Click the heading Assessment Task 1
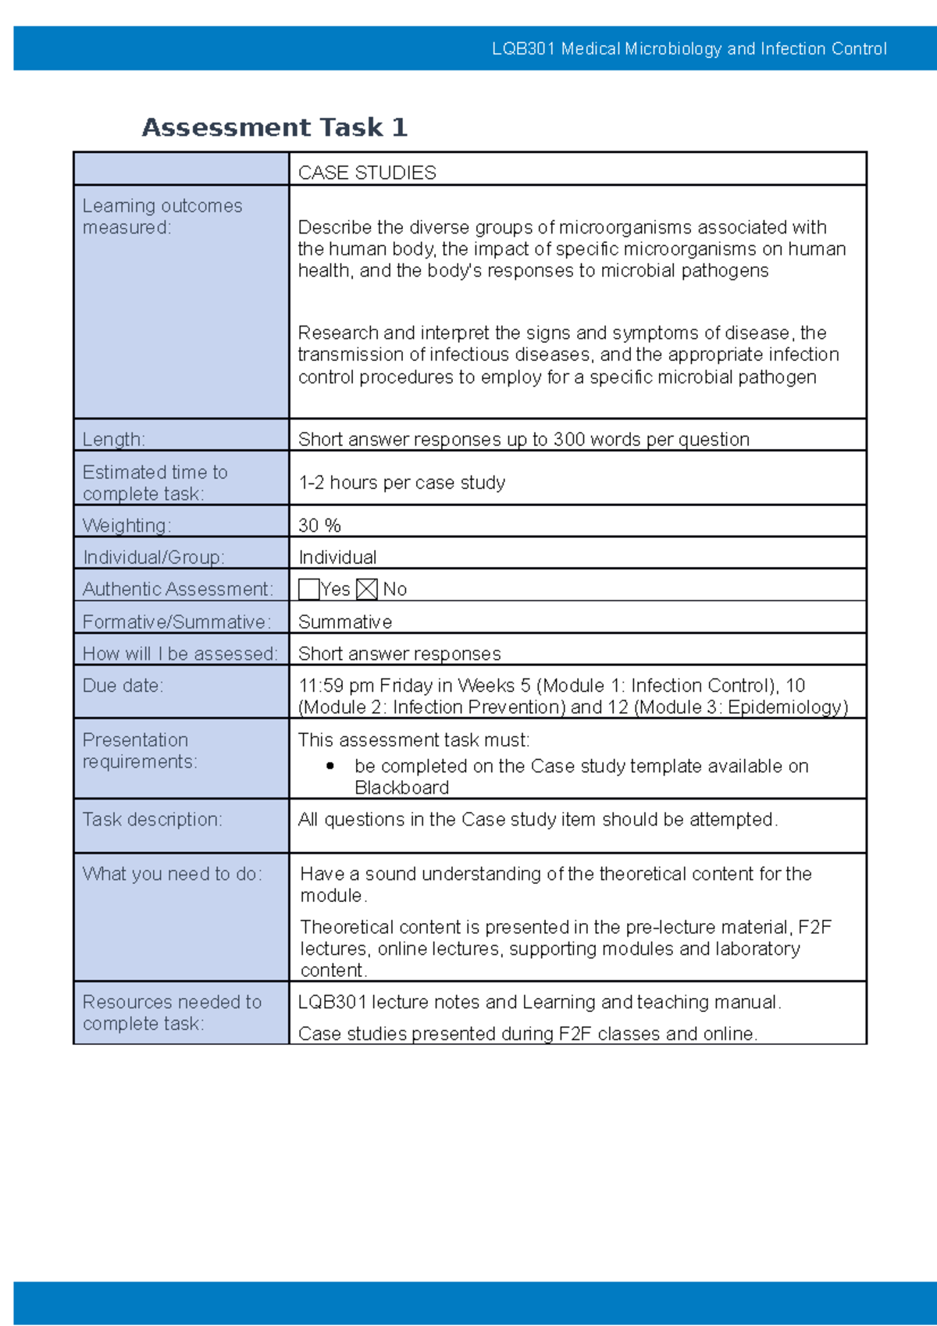274,127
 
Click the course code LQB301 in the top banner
523,49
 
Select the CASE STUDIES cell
367,173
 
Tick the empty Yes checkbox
308,589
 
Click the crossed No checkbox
366,589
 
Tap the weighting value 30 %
319,526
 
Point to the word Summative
345,622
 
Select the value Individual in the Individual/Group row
337,558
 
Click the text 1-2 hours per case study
401,483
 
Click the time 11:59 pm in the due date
336,686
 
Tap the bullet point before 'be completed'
331,766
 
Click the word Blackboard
401,787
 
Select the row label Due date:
123,686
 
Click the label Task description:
152,819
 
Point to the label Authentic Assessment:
178,589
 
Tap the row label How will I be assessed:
180,654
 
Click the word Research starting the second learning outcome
337,333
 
